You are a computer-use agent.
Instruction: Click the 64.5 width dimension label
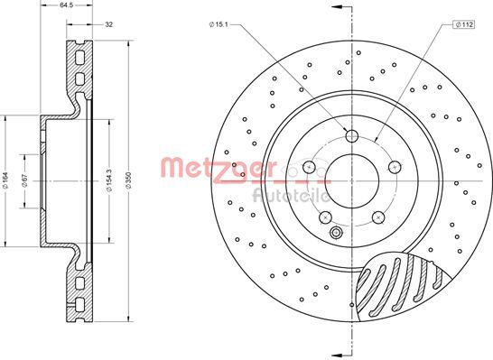pyautogui.click(x=66, y=5)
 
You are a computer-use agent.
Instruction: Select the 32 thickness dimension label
pyautogui.click(x=108, y=24)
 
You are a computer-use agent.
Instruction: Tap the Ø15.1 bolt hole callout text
pyautogui.click(x=219, y=24)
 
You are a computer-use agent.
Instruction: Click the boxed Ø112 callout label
pyautogui.click(x=463, y=24)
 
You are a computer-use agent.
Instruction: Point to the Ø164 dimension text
pyautogui.click(x=6, y=180)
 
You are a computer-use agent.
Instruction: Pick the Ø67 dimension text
pyautogui.click(x=25, y=180)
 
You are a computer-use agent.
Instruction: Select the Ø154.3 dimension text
pyautogui.click(x=109, y=180)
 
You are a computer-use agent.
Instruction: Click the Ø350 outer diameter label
pyautogui.click(x=128, y=180)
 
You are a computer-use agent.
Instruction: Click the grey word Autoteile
pyautogui.click(x=291, y=196)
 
